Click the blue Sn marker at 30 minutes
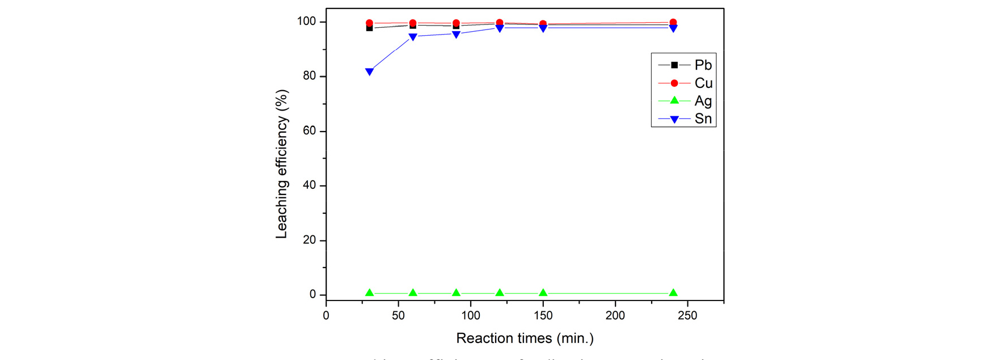tap(369, 72)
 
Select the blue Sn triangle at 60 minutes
tap(413, 37)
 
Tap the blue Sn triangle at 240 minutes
tap(673, 28)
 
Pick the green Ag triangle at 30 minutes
tap(369, 293)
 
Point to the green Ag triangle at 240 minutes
tap(673, 293)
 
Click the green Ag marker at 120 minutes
tap(500, 293)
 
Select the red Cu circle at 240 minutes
tap(673, 23)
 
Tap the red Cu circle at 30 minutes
tap(369, 23)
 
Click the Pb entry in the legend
tap(703, 65)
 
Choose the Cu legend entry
tap(703, 83)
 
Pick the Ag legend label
tap(703, 101)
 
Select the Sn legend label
tap(703, 119)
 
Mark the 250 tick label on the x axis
tap(687, 316)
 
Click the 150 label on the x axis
tap(543, 316)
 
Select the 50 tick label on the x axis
tap(398, 316)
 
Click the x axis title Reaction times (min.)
tap(525, 338)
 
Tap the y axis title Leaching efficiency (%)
tap(282, 164)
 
